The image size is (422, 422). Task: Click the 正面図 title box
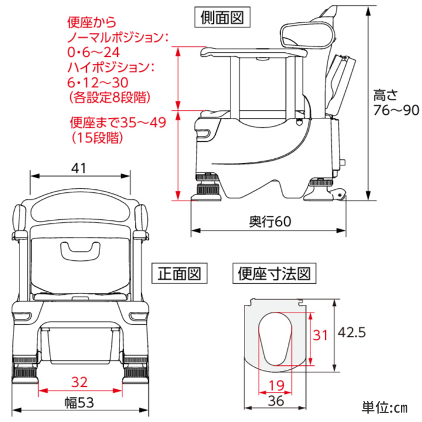click(179, 273)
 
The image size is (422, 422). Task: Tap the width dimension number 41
click(79, 168)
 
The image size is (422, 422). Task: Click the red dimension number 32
click(79, 382)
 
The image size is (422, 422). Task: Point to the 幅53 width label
click(79, 403)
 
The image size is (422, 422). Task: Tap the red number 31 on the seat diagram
click(319, 335)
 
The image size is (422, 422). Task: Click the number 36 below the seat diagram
click(275, 401)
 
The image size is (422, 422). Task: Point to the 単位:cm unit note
click(384, 407)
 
